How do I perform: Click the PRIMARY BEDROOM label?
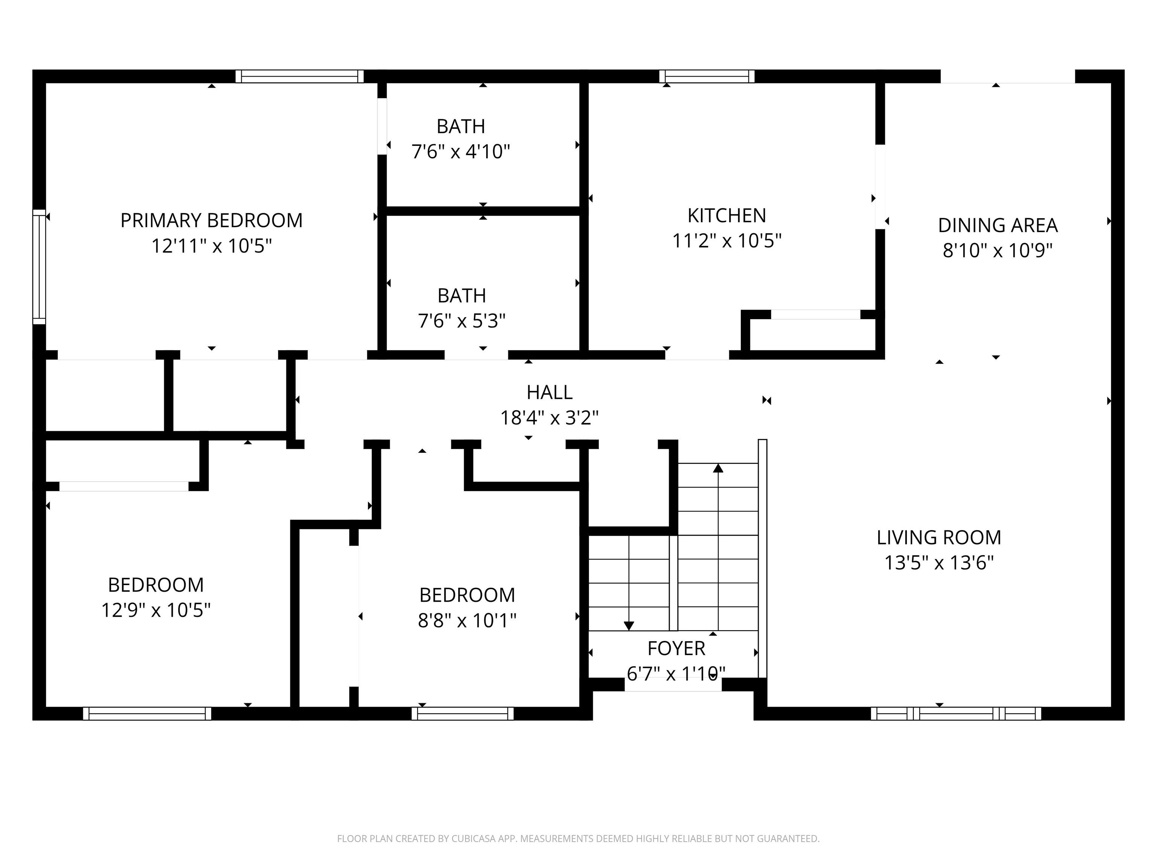211,220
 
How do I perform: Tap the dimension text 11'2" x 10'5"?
727,241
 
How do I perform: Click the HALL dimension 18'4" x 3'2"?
549,417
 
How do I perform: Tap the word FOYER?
676,648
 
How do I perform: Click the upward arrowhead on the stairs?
718,468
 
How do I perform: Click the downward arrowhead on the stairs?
629,625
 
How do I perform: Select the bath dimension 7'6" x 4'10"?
460,152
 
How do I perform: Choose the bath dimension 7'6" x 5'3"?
461,321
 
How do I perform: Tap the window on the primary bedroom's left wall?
39,267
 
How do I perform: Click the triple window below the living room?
956,713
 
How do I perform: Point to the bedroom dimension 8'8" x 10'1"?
467,620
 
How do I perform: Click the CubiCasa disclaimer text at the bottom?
578,838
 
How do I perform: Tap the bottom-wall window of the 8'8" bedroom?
462,713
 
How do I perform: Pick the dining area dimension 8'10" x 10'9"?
997,251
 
